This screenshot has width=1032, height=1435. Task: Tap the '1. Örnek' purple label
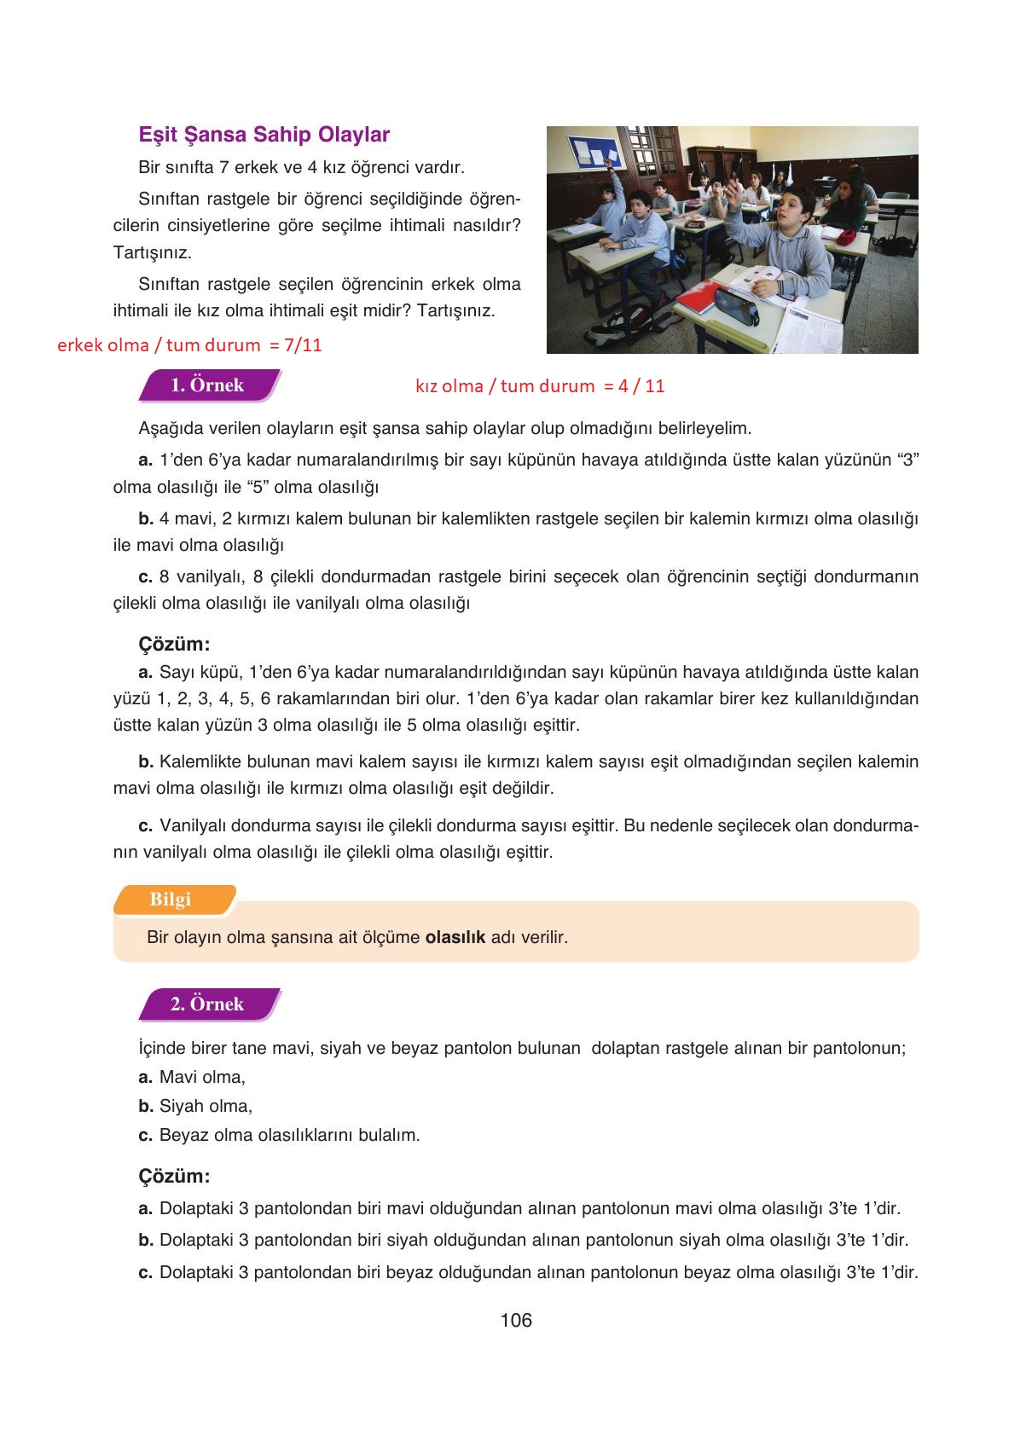pos(207,385)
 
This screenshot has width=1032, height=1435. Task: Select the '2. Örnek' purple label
pos(207,1004)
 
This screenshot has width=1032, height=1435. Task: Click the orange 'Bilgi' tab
pos(171,900)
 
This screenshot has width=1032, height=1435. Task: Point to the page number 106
pos(516,1321)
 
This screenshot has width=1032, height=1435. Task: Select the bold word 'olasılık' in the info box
pos(455,937)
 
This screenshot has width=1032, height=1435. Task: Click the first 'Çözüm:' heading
pos(174,644)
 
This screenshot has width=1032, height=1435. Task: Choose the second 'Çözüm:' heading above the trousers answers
pos(174,1177)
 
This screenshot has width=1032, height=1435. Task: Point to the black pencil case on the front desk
pos(736,306)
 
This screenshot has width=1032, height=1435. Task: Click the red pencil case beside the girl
pos(847,238)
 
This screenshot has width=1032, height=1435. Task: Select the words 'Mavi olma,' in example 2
pos(202,1078)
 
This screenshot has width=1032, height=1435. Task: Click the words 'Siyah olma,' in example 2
pos(206,1107)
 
